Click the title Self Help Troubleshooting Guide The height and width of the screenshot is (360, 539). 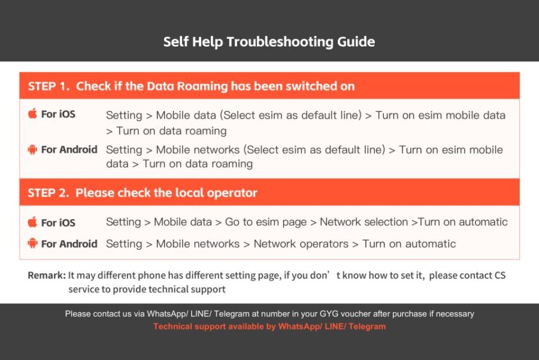pos(269,42)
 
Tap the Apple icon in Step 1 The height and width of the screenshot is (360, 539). pos(32,114)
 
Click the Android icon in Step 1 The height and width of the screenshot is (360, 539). pos(32,150)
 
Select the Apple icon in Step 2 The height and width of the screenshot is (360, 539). pos(32,222)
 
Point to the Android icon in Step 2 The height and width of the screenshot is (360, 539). pos(32,244)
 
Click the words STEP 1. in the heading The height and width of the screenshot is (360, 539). pos(49,86)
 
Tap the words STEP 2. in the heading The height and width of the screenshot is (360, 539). pos(49,193)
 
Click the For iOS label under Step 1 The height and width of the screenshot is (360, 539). pos(58,114)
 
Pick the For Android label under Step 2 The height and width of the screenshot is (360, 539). pos(69,244)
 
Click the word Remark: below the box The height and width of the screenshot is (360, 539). pos(47,276)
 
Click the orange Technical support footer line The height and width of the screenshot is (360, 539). pos(269,326)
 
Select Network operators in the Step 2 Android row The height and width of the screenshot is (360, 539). pos(301,244)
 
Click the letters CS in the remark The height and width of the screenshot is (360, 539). pos(500,276)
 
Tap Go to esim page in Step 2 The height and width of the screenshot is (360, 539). pos(266,222)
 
